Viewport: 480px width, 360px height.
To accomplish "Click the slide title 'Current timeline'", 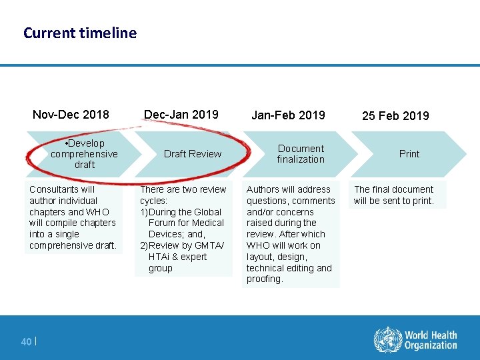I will (79, 33).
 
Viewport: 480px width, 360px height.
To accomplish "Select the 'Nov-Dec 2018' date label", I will (71, 114).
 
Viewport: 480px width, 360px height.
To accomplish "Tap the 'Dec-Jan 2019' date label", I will (181, 114).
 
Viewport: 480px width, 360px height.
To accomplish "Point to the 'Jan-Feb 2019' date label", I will (288, 115).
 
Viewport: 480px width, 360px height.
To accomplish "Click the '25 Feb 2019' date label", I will (395, 116).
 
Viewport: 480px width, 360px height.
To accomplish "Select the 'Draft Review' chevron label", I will (193, 154).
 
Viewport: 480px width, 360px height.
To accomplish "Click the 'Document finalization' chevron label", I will (301, 154).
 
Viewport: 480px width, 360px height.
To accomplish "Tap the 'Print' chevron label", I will (409, 154).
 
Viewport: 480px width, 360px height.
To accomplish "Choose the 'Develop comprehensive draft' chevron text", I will (85, 154).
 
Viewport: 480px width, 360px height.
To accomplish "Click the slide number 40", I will (26, 342).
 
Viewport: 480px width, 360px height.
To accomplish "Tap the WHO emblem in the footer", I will (387, 339).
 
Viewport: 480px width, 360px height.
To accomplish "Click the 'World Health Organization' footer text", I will (431, 340).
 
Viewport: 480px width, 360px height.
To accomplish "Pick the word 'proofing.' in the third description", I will (265, 279).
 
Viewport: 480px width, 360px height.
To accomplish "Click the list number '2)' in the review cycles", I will (144, 245).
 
